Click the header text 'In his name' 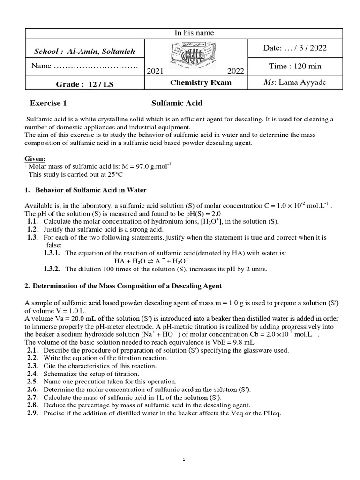[x=194, y=33]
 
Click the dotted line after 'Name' [x=96, y=66]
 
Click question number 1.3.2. [x=52, y=269]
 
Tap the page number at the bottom [x=184, y=460]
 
